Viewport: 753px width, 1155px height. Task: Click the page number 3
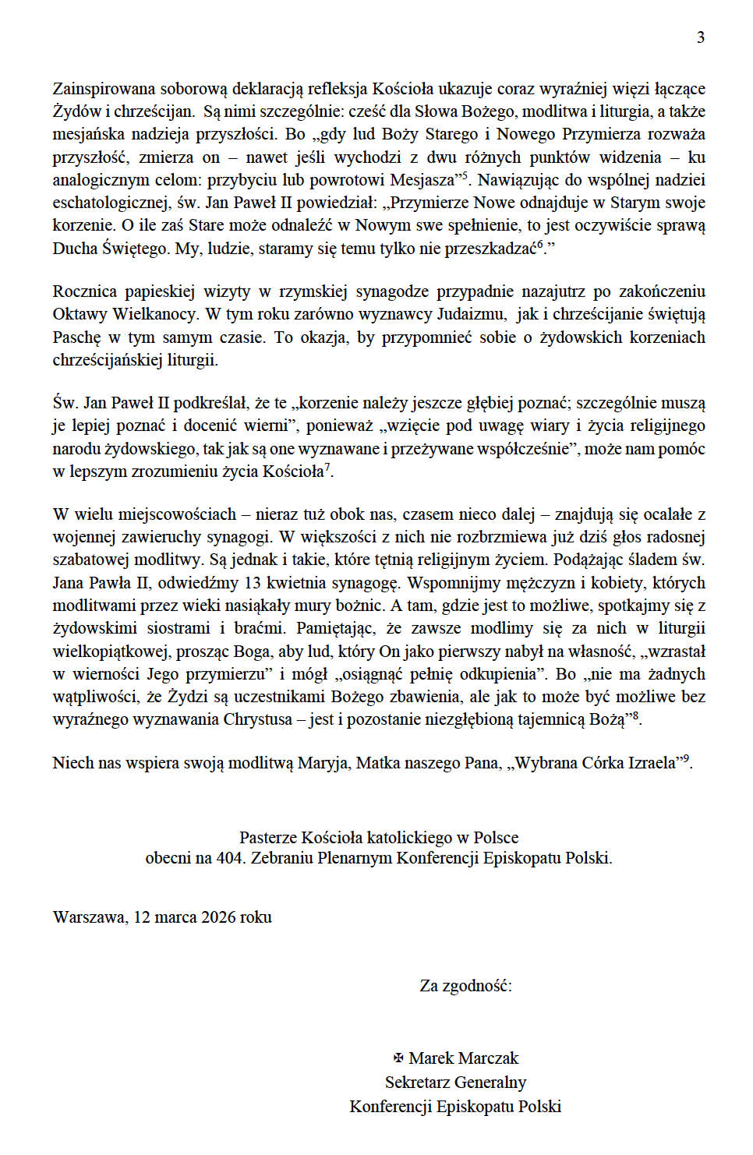point(701,37)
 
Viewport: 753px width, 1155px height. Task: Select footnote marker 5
point(465,175)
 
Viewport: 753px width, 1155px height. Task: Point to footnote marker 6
point(540,244)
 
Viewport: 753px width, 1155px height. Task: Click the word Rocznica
point(85,291)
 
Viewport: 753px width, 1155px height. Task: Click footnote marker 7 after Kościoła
point(327,467)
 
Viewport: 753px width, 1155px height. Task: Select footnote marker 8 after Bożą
point(635,715)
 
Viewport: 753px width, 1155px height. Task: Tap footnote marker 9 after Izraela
point(686,758)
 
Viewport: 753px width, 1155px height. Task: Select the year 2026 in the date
point(218,917)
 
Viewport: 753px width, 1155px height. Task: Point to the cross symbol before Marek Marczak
point(398,1058)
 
